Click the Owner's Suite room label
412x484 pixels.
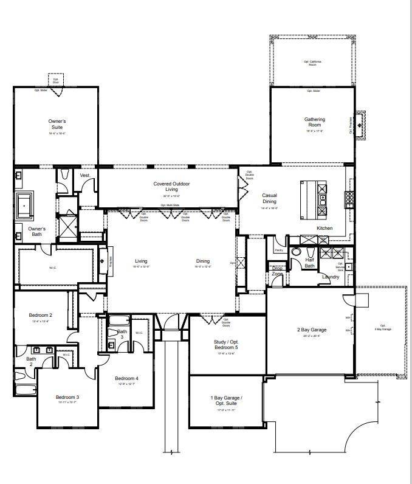point(57,125)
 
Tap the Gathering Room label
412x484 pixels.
point(315,123)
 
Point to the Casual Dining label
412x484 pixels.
point(269,198)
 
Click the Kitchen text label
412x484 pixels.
point(324,229)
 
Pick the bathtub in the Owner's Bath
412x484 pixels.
point(26,206)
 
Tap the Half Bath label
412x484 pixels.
point(309,263)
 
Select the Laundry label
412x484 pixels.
point(331,277)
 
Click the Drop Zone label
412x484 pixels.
point(278,270)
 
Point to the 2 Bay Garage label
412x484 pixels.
point(312,330)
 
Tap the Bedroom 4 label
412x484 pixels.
point(126,378)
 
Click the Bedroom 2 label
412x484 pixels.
point(41,315)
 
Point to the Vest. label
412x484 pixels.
point(85,175)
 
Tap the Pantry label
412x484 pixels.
point(279,250)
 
